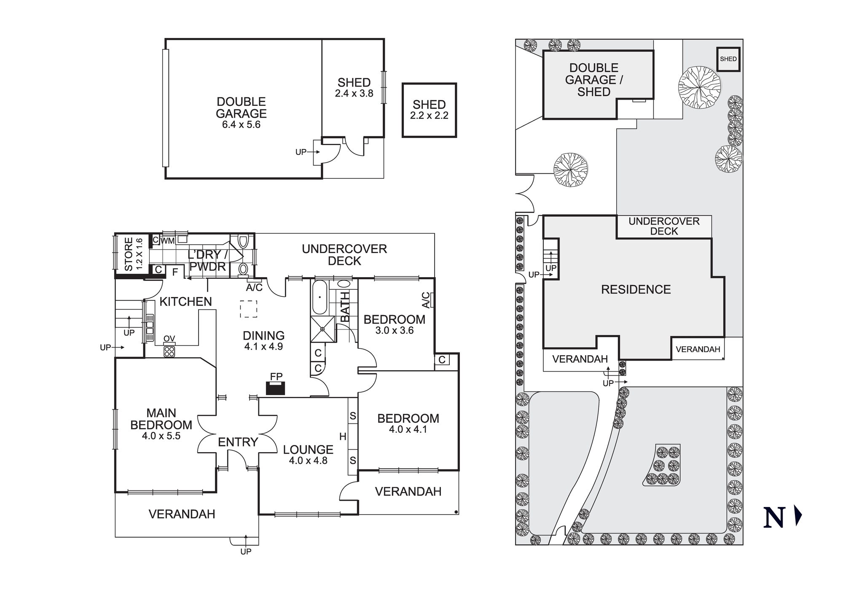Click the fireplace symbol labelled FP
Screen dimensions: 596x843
pos(276,388)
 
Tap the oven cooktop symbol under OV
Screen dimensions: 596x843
pos(169,351)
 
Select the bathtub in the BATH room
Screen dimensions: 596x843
pos(319,297)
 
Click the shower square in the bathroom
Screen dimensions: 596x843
pos(323,329)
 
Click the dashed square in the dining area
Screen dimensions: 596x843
pos(249,309)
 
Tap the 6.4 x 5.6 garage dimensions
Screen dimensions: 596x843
pos(241,125)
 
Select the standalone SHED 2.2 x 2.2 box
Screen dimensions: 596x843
pos(429,110)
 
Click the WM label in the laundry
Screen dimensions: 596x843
pos(168,241)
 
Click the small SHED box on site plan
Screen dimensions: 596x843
pos(728,59)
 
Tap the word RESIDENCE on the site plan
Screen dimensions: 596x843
pos(636,289)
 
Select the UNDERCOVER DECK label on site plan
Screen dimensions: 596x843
pos(664,227)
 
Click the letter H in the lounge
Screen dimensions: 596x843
pos(343,437)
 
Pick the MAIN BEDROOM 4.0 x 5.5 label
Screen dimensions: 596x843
pos(161,424)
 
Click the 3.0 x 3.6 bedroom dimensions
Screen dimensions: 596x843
pos(395,331)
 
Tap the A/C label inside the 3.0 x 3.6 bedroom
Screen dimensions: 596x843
pos(426,300)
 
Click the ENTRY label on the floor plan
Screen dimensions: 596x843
pos(238,442)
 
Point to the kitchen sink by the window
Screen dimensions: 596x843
pos(150,327)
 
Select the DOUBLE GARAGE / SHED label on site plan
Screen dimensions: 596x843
pos(593,80)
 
